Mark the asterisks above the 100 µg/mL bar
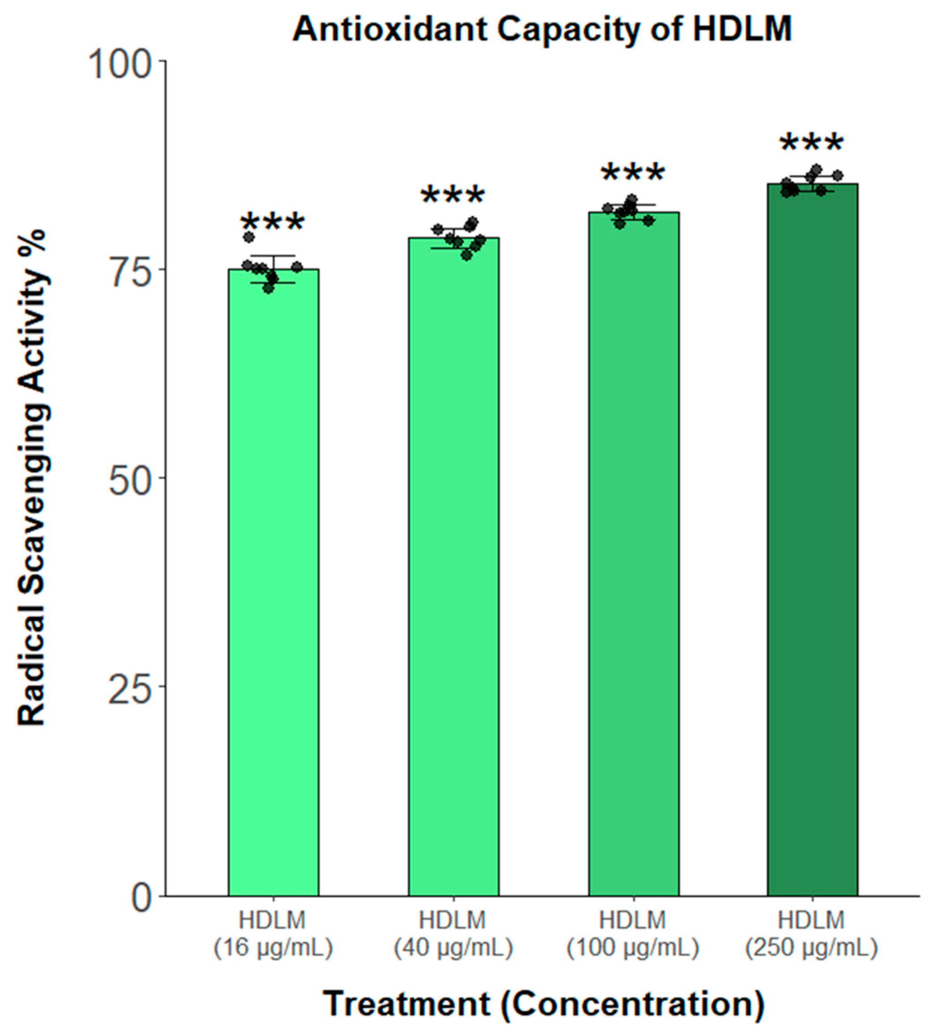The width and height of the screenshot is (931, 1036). pyautogui.click(x=633, y=175)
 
